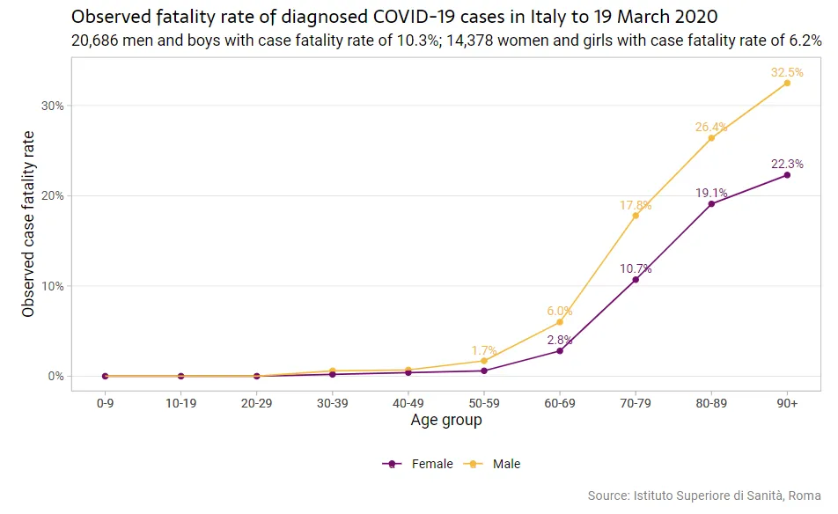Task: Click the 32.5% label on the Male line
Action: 787,72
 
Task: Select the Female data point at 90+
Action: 787,175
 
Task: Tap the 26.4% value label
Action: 711,127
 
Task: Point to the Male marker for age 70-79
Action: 636,216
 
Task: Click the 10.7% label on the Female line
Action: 636,268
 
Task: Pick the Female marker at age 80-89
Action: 711,204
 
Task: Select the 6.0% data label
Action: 560,311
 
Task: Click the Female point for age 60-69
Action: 560,351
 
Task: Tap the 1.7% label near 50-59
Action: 484,349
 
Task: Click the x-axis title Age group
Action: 446,421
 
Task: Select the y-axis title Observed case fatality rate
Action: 28,224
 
